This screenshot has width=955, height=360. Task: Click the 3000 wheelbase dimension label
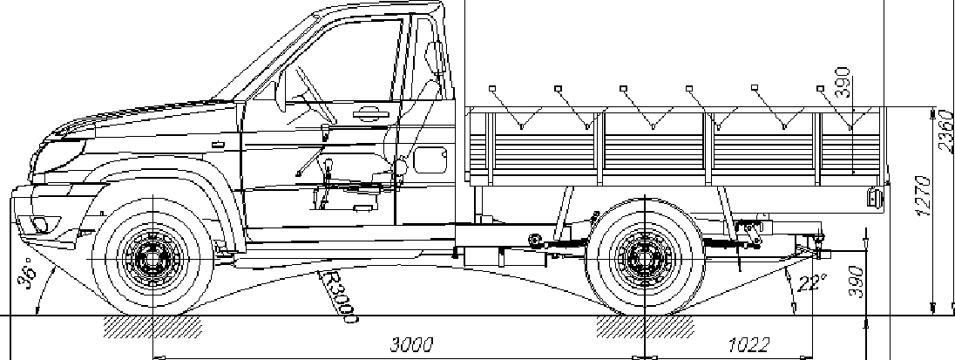click(409, 343)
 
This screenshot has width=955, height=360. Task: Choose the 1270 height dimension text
click(925, 195)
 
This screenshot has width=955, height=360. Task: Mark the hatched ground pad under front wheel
click(153, 326)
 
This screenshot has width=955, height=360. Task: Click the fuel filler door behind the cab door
click(429, 160)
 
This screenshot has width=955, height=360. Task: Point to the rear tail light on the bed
click(872, 197)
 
